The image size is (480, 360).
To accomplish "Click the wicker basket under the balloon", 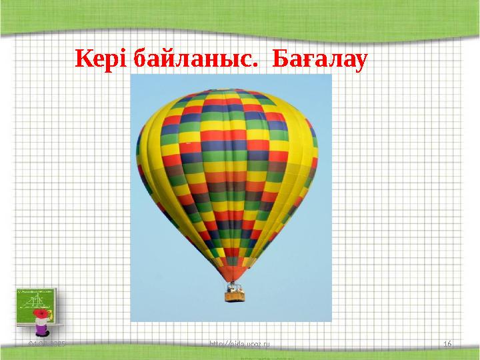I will tap(235, 295).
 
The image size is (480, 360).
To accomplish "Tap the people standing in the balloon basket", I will tap(235, 288).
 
